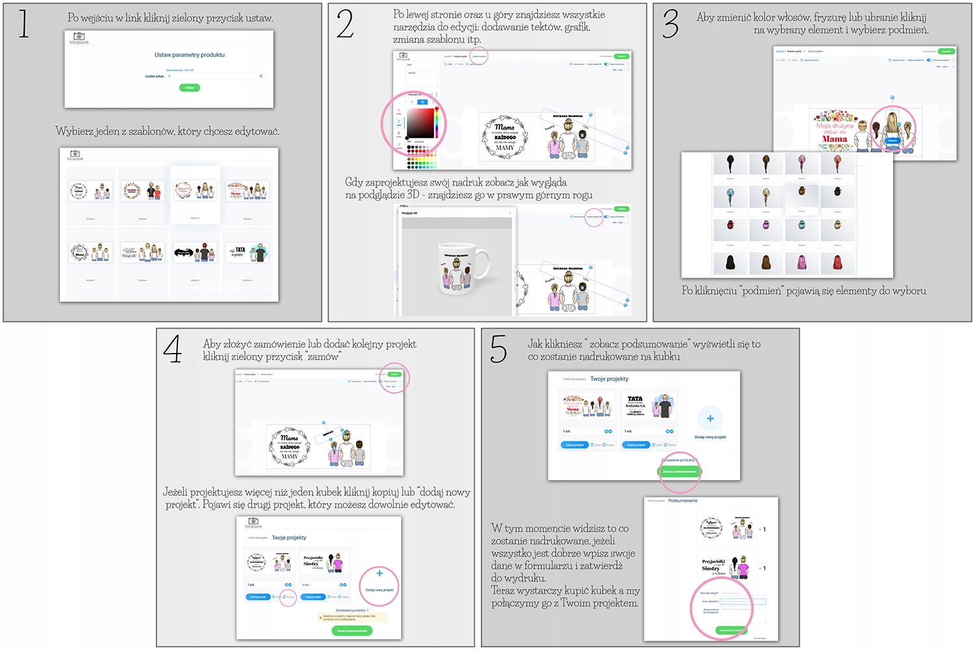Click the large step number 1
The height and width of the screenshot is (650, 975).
click(23, 24)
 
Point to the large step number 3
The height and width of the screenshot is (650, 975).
click(670, 24)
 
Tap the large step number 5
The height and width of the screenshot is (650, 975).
click(498, 349)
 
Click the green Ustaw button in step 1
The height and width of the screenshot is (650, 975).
click(189, 87)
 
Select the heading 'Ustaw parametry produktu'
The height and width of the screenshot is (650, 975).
click(189, 55)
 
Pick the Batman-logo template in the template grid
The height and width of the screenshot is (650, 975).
click(195, 252)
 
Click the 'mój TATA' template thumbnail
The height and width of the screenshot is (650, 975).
click(247, 252)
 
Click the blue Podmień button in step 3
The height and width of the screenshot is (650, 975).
click(892, 140)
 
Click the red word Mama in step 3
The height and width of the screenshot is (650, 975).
click(835, 138)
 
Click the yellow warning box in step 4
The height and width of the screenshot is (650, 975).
click(352, 617)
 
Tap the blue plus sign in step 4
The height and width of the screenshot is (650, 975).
click(380, 573)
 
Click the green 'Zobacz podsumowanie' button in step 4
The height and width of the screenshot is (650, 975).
click(352, 630)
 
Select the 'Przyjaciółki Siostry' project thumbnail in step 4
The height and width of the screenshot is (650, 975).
click(323, 563)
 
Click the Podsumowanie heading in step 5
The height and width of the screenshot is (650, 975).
click(682, 500)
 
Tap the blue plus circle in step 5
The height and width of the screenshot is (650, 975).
click(710, 419)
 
